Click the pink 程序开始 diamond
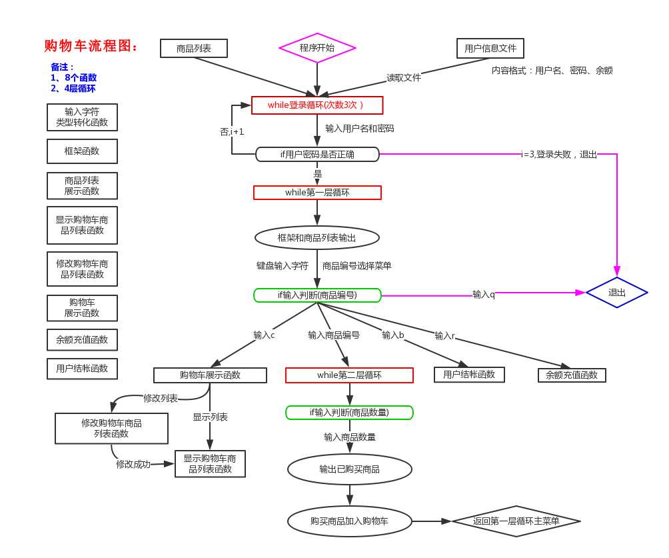click(x=317, y=48)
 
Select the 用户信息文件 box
click(x=490, y=49)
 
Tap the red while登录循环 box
click(x=317, y=105)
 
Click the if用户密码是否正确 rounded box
click(x=317, y=155)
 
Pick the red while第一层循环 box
click(x=317, y=193)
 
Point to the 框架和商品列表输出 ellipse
click(x=317, y=238)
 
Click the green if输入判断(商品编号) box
click(x=317, y=295)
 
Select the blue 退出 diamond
click(x=617, y=293)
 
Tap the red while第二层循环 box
click(x=349, y=375)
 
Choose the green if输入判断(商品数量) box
click(x=349, y=413)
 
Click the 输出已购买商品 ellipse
click(x=350, y=469)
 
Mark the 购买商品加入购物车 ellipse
click(x=350, y=521)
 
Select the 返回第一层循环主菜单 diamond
click(x=516, y=521)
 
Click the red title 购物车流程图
click(x=91, y=46)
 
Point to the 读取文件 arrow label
click(x=404, y=78)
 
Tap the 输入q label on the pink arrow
click(x=484, y=295)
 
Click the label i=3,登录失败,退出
click(x=559, y=155)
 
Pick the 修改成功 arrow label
click(x=133, y=465)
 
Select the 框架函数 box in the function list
click(x=82, y=151)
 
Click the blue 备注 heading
click(x=63, y=67)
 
